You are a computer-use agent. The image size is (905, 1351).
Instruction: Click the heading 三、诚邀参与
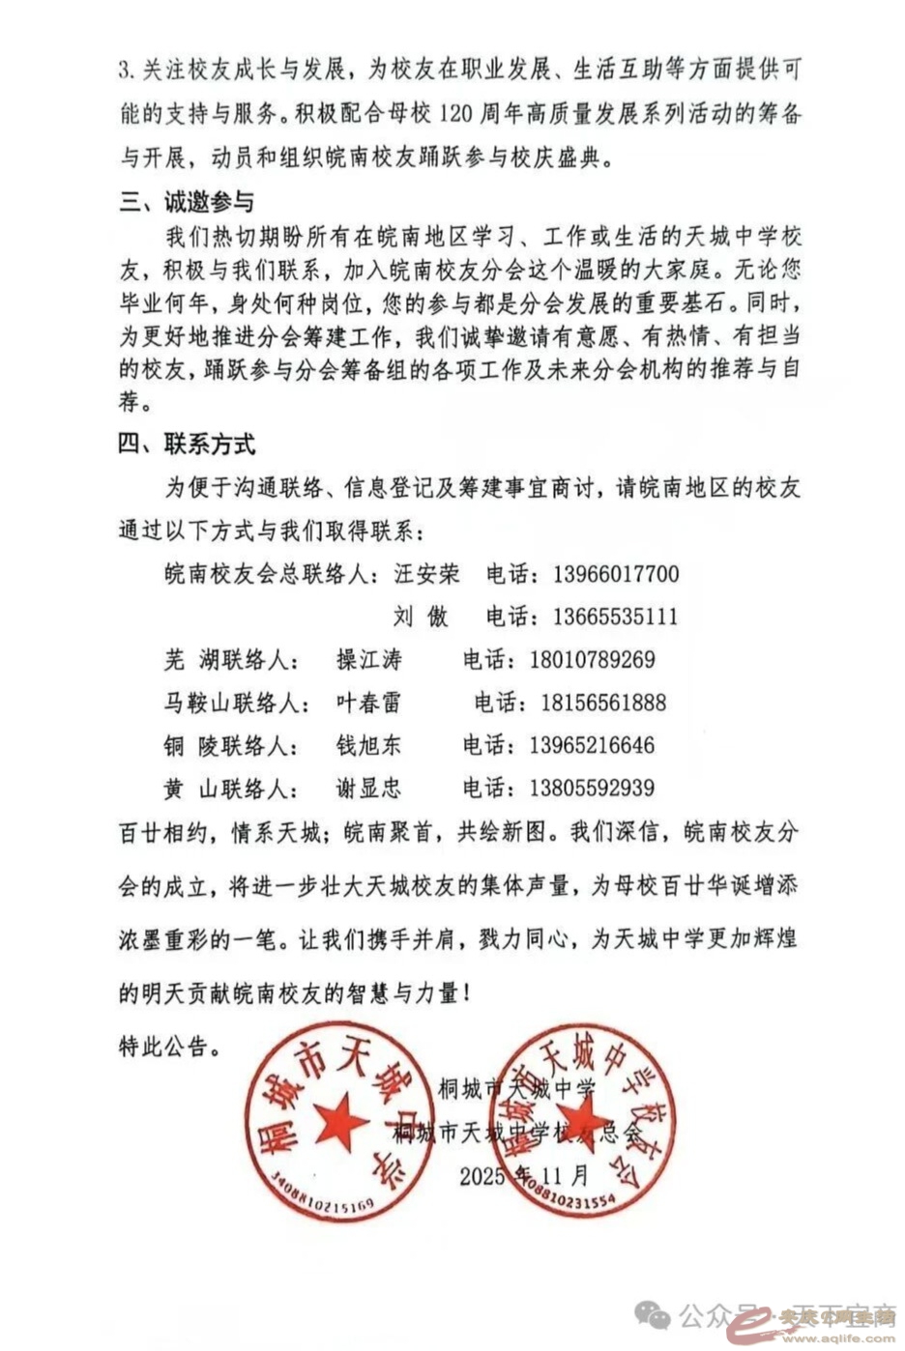pyautogui.click(x=187, y=202)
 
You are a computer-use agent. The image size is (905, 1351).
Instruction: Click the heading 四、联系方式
pyautogui.click(x=187, y=445)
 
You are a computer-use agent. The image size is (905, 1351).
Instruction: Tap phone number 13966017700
pyautogui.click(x=616, y=574)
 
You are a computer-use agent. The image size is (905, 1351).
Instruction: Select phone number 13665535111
pyautogui.click(x=616, y=617)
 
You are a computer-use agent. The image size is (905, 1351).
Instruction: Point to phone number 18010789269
pyautogui.click(x=592, y=660)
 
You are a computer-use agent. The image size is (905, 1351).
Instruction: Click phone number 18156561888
pyautogui.click(x=603, y=703)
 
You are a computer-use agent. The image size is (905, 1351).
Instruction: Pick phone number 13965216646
pyautogui.click(x=592, y=745)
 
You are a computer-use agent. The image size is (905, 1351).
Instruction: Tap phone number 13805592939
pyautogui.click(x=592, y=788)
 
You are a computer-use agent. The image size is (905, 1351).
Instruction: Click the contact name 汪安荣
pyautogui.click(x=426, y=574)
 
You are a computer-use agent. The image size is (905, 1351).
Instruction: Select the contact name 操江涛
pyautogui.click(x=368, y=660)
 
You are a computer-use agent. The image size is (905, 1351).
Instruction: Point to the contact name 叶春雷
pyautogui.click(x=368, y=703)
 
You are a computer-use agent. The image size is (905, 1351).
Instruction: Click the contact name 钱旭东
pyautogui.click(x=368, y=745)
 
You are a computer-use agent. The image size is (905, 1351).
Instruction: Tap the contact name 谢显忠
pyautogui.click(x=368, y=788)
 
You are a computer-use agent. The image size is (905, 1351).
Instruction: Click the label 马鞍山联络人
pyautogui.click(x=232, y=703)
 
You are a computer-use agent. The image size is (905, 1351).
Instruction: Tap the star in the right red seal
pyautogui.click(x=584, y=1121)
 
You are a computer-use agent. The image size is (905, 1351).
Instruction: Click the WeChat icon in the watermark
pyautogui.click(x=657, y=1315)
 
